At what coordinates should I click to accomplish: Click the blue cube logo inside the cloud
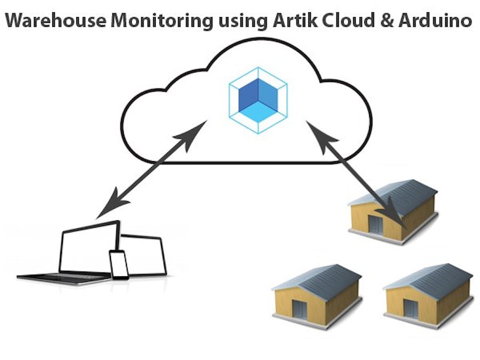pos(258,100)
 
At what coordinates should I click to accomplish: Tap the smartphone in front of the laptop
pos(119,265)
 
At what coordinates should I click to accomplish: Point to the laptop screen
pos(88,248)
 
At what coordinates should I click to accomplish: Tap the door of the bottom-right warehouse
pos(411,308)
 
